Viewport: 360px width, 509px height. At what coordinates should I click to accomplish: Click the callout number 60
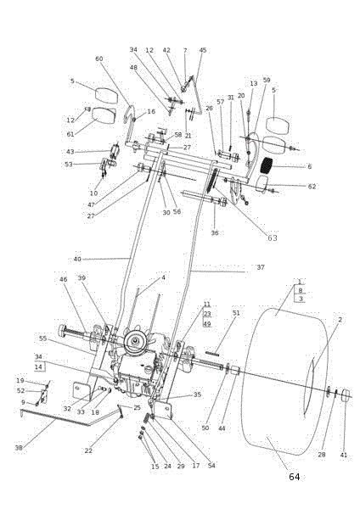[x=99, y=59]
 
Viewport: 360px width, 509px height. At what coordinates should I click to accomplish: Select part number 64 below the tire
[x=294, y=477]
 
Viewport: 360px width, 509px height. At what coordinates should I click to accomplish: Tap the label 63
[x=273, y=238]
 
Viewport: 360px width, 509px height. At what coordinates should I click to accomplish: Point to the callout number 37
[x=261, y=267]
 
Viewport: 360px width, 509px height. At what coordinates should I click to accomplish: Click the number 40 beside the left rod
[x=77, y=259]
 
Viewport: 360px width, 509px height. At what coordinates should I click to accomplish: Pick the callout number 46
[x=63, y=279]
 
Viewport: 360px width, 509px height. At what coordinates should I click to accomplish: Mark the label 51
[x=236, y=314]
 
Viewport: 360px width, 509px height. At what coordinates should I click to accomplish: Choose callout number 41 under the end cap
[x=343, y=456]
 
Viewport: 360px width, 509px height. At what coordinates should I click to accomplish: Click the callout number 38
[x=19, y=447]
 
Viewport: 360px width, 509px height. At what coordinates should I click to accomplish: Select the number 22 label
[x=88, y=450]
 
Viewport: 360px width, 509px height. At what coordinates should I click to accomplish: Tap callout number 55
[x=43, y=338]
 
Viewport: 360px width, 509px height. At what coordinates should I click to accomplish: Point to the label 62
[x=312, y=187]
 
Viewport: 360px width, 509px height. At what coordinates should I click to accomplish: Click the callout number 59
[x=267, y=81]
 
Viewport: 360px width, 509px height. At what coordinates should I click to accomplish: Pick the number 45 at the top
[x=203, y=50]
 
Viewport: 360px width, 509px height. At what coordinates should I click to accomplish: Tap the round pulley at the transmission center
[x=136, y=343]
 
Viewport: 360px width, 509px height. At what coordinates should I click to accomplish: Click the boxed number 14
[x=38, y=366]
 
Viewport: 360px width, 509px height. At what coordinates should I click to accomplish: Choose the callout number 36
[x=215, y=232]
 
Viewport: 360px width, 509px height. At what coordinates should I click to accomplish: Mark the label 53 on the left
[x=69, y=164]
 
